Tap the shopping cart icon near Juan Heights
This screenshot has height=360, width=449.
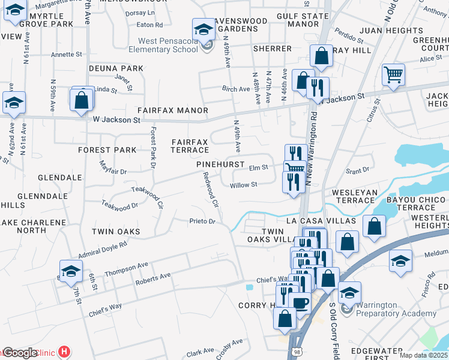(x=393, y=76)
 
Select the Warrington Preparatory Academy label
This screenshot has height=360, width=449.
(x=396, y=310)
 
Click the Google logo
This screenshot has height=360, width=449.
(x=20, y=353)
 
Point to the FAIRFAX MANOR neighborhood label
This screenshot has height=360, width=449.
(x=172, y=111)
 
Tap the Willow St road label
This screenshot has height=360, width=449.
(x=243, y=185)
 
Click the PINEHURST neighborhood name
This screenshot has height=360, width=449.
(x=219, y=164)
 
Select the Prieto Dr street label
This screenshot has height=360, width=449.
(x=202, y=221)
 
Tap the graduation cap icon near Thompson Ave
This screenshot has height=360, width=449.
(x=71, y=271)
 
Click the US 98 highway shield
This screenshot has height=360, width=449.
(x=299, y=354)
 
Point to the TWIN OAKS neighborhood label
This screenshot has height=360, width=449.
(x=115, y=232)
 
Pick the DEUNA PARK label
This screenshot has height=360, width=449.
(x=116, y=68)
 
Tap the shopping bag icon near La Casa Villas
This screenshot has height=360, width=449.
(x=374, y=227)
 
